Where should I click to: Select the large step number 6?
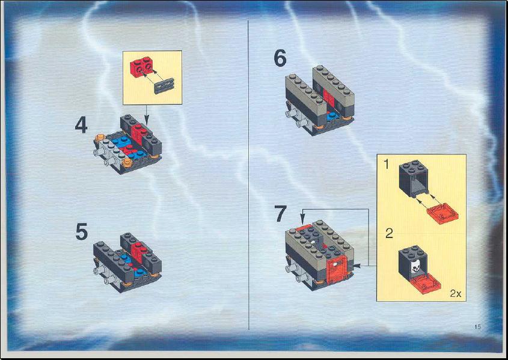coord(280,58)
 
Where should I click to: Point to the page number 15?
coord(477,327)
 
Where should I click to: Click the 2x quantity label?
coord(456,294)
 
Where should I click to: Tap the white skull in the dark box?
coord(415,267)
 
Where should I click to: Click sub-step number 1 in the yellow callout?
coord(386,165)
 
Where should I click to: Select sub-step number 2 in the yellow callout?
coord(389,233)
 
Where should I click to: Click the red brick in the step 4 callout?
coord(142,67)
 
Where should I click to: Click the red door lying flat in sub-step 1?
coord(442,213)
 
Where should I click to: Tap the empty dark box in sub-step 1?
coord(414,178)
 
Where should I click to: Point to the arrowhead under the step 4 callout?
coord(146,122)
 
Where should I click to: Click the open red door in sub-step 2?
coord(425,283)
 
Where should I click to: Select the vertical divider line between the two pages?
coord(248,175)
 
